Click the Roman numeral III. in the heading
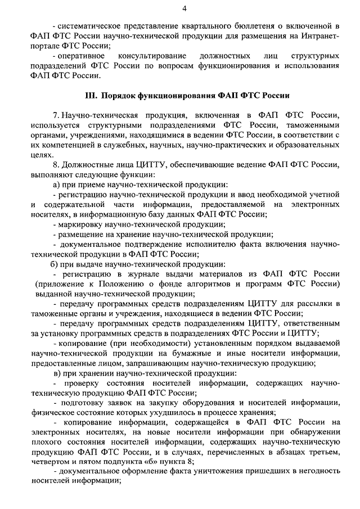tap(92, 96)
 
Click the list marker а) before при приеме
tap(57, 184)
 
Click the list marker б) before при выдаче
tap(57, 265)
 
